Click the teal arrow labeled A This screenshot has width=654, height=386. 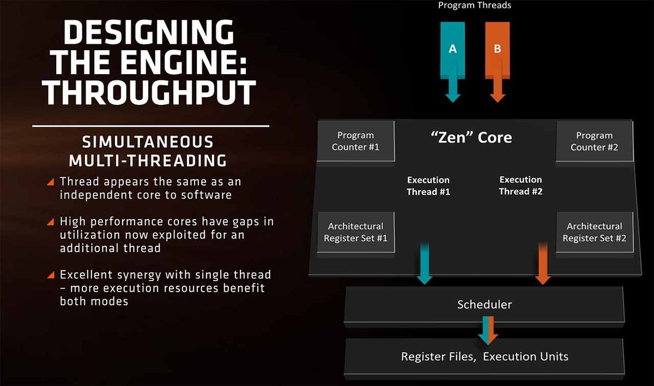coord(452,62)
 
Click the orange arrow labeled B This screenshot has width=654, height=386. coord(498,62)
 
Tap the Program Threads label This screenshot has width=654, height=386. coord(475,5)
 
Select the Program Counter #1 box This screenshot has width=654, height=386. coord(355,141)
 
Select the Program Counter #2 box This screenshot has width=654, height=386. coord(595,141)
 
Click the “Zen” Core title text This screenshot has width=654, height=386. coord(471,138)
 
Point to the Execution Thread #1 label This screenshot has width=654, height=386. coord(428,186)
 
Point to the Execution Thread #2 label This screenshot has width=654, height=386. coord(520,186)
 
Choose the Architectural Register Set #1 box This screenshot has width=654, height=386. coord(355,232)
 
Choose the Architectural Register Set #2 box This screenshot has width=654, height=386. coord(595,232)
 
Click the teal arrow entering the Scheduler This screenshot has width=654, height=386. coord(425,263)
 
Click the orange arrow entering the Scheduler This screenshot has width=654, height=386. coord(543,263)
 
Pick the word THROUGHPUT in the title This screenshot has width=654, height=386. coord(149,92)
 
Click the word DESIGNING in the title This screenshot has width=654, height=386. coord(149,32)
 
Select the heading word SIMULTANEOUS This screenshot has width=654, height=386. coord(148,142)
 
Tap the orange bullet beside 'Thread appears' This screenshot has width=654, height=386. coord(51,182)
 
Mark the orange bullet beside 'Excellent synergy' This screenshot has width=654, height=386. coord(51,275)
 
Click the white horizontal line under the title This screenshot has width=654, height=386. coord(150,126)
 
